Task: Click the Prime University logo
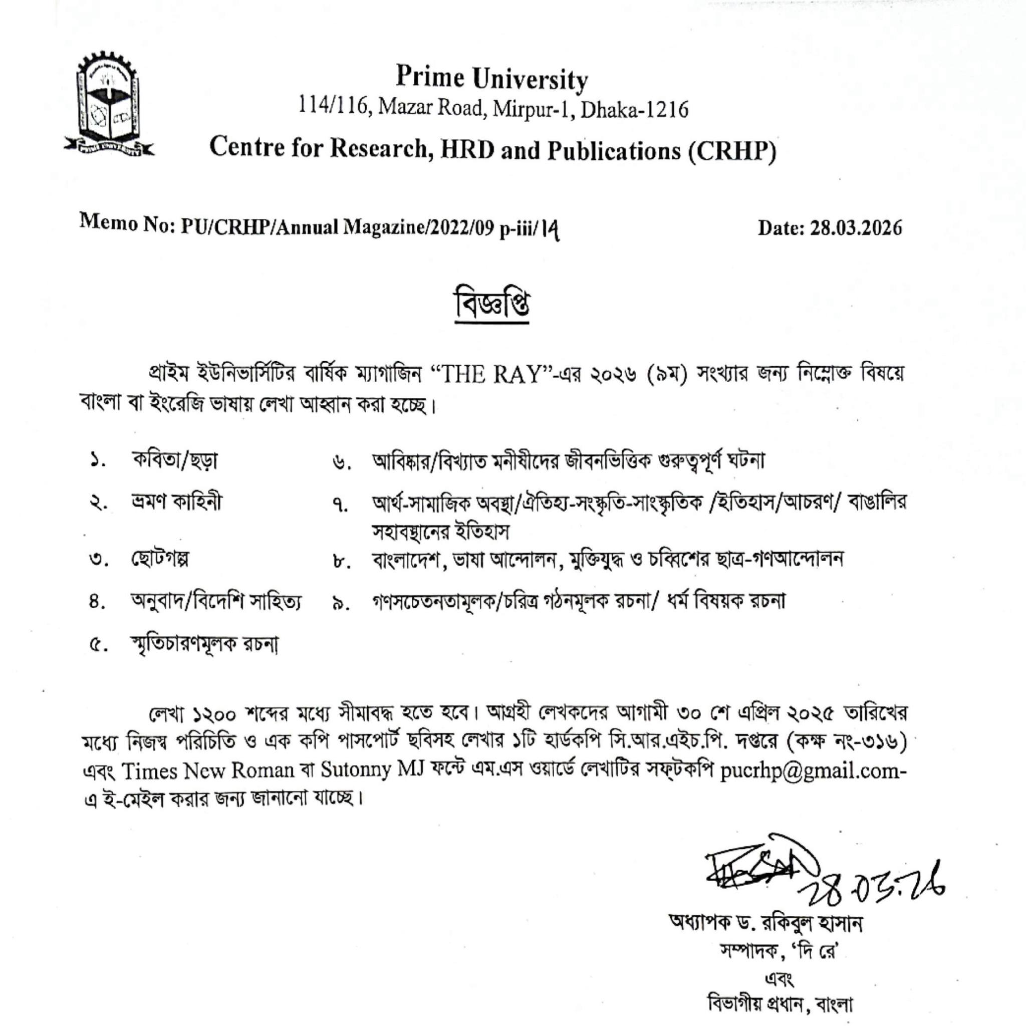pos(109,105)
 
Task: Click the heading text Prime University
pos(492,79)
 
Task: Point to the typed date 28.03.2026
pos(856,228)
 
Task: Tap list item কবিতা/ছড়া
pos(175,460)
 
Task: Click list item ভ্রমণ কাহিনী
pos(176,502)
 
